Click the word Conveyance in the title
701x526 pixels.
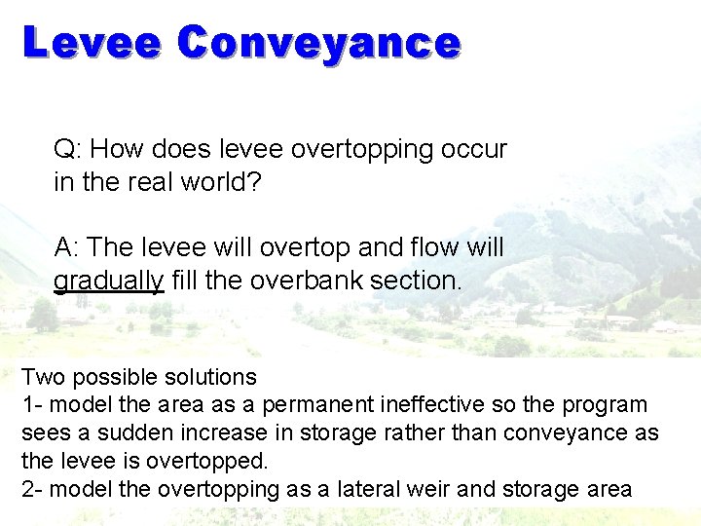pyautogui.click(x=318, y=44)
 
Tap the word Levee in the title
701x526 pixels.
pyautogui.click(x=92, y=44)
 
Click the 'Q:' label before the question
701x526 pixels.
pyautogui.click(x=67, y=150)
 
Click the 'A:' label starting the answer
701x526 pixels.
pyautogui.click(x=67, y=247)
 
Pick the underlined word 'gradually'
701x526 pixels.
pyautogui.click(x=108, y=281)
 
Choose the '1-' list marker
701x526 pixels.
pyautogui.click(x=32, y=404)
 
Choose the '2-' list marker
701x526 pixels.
pyautogui.click(x=33, y=489)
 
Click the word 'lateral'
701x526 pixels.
pyautogui.click(x=363, y=489)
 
